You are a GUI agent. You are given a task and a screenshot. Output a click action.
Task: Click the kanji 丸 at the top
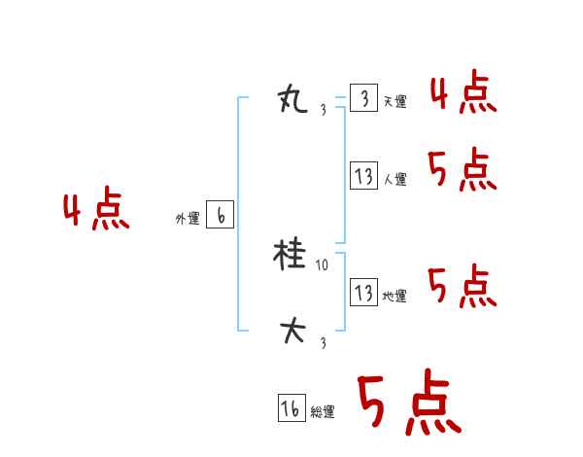[292, 98]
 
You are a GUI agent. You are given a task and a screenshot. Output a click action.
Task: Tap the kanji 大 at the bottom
[292, 332]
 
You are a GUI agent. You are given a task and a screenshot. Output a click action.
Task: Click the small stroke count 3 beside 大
[323, 342]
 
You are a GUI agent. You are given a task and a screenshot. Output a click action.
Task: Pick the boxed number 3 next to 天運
[363, 99]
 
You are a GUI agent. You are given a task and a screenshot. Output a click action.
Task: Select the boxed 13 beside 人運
[363, 177]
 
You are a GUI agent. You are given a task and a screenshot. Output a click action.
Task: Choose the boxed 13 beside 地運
[363, 293]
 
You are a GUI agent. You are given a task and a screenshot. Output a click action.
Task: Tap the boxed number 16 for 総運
[291, 409]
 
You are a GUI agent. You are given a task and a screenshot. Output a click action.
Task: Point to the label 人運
[394, 180]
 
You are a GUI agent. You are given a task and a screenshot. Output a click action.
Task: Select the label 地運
[394, 296]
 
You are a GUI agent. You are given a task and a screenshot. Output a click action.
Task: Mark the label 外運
[188, 220]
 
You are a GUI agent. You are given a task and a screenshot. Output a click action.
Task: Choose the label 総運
[323, 412]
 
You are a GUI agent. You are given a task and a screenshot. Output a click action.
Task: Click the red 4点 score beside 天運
[463, 94]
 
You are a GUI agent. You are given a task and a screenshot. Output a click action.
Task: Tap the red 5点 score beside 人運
[463, 171]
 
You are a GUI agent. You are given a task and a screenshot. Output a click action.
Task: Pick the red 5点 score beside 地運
[463, 286]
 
